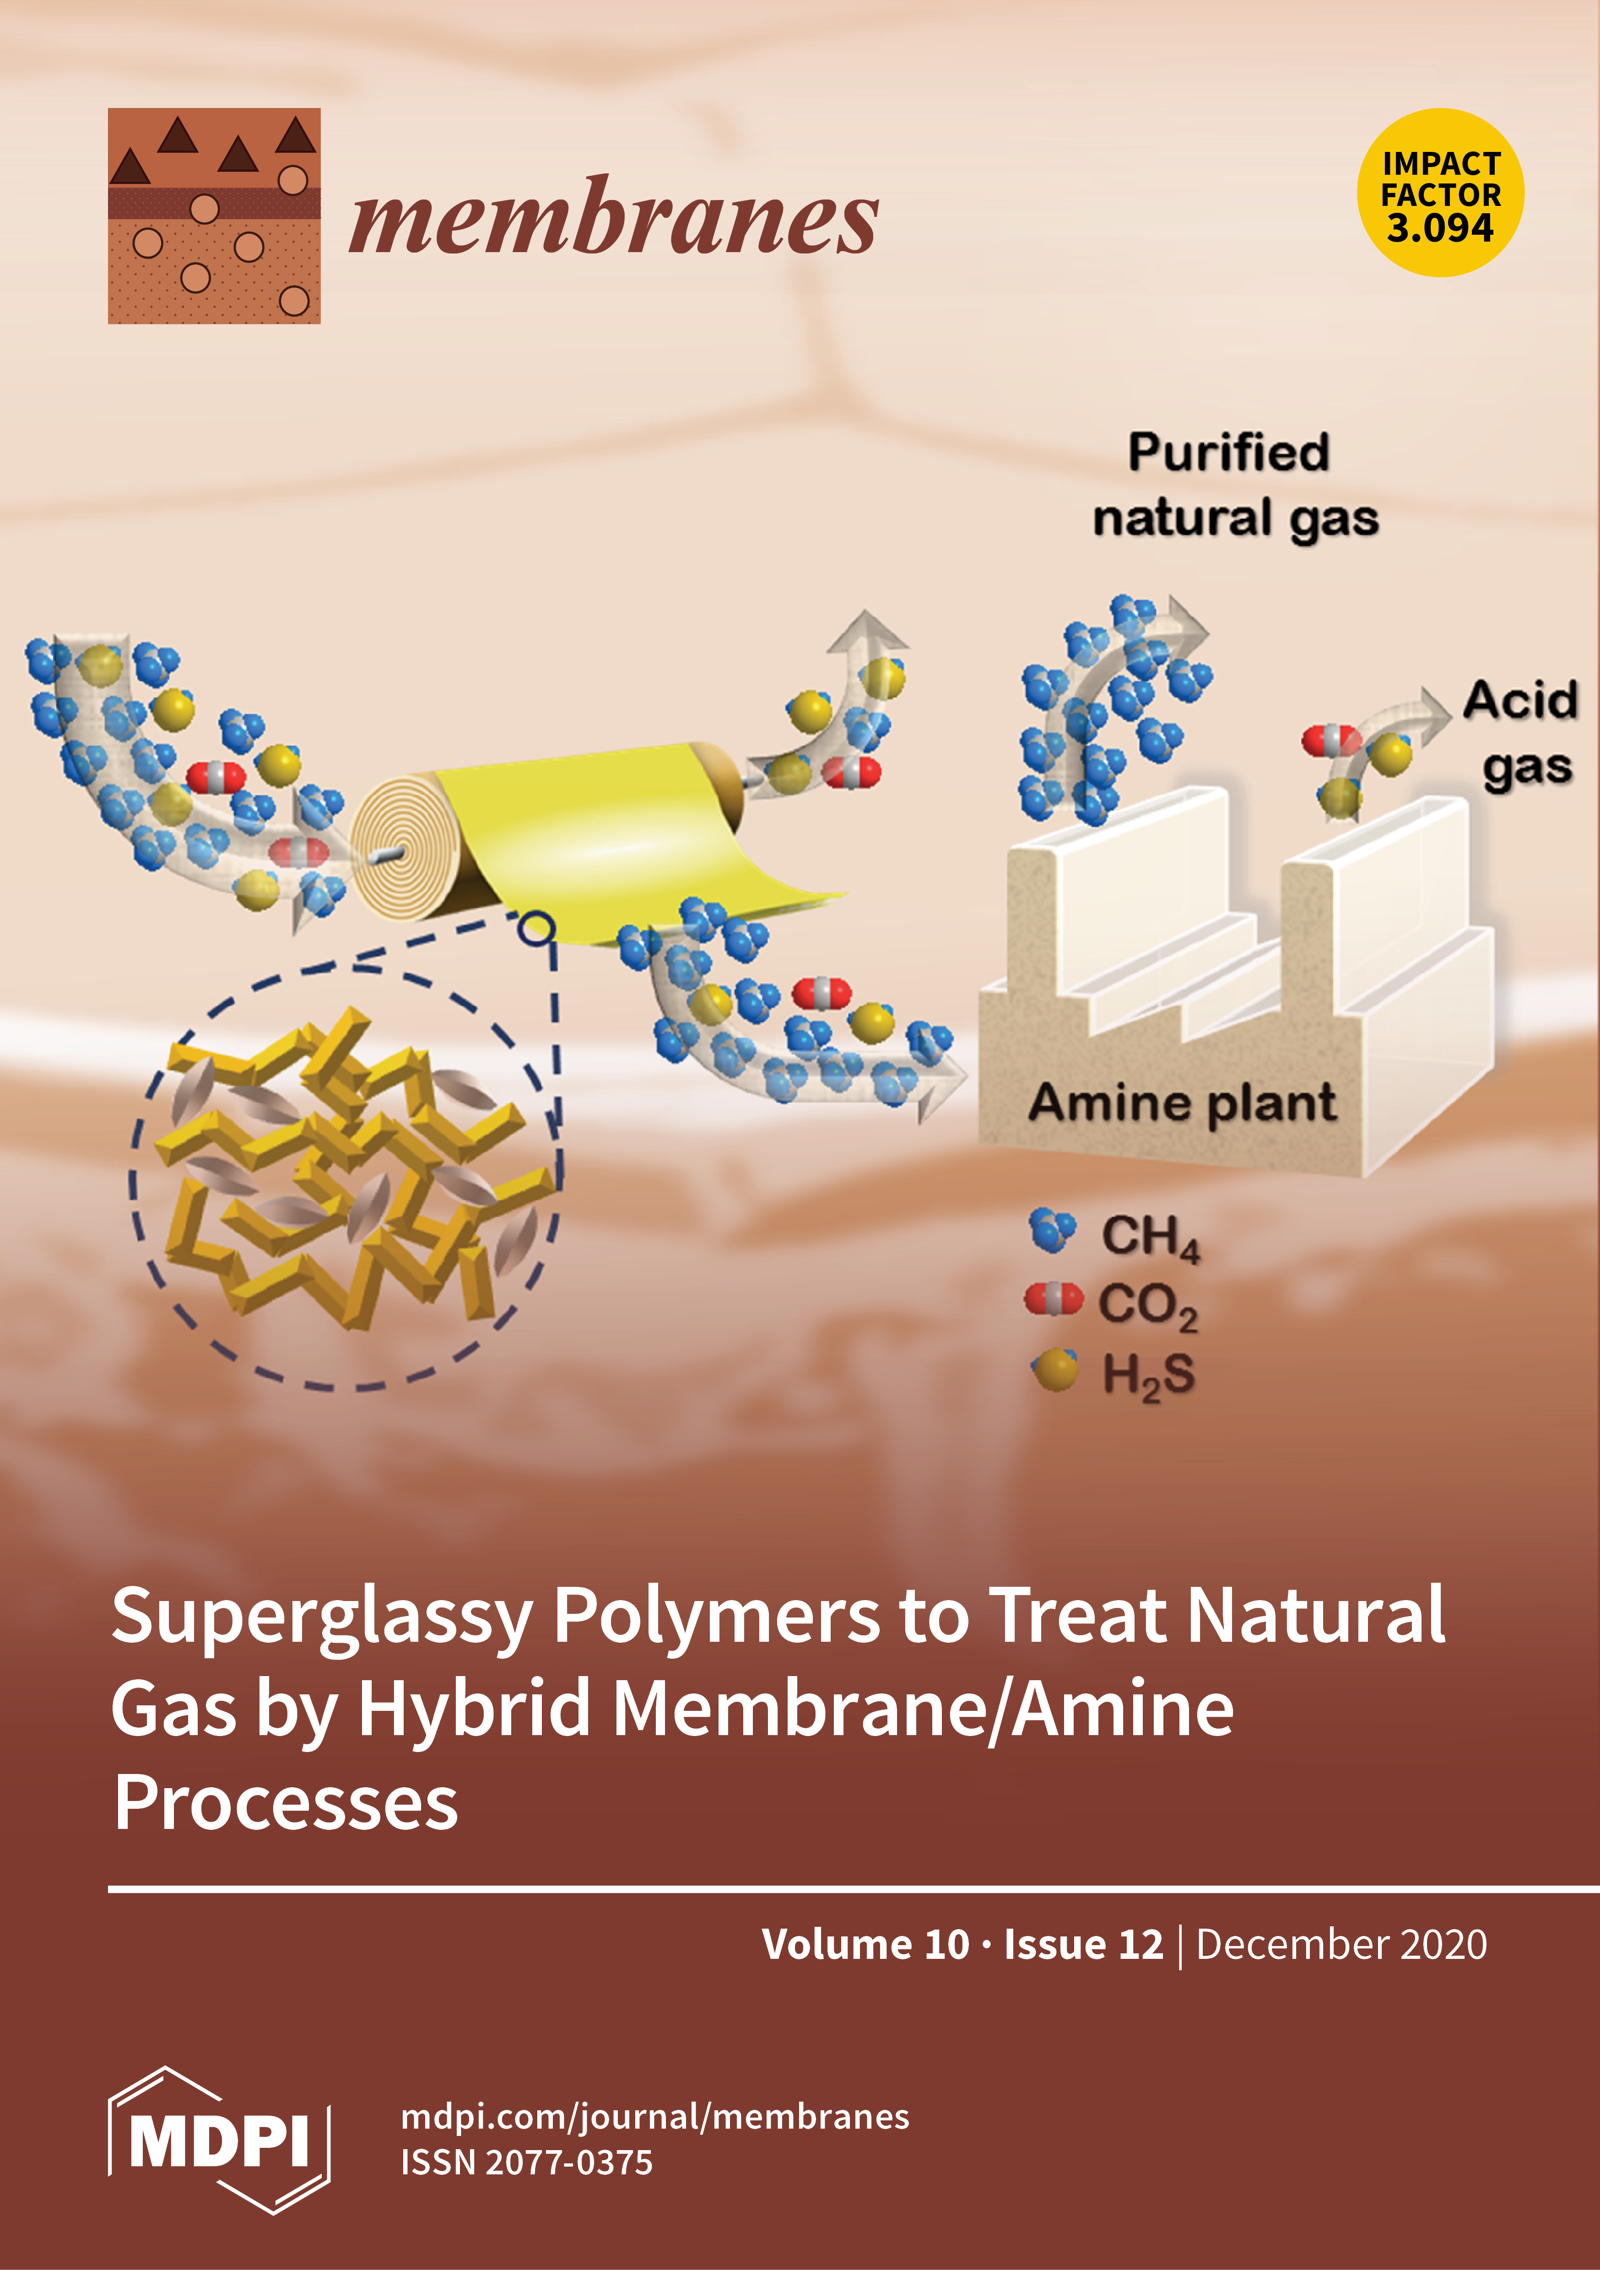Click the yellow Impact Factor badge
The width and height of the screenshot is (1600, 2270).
[x=1440, y=193]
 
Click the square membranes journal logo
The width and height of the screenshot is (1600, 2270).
[x=214, y=216]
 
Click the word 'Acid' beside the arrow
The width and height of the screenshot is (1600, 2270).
[x=1520, y=701]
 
